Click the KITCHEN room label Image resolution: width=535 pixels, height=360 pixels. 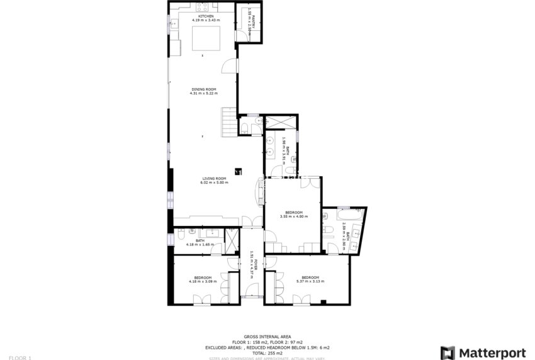click(x=202, y=16)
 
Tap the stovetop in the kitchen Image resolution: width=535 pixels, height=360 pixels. click(x=203, y=8)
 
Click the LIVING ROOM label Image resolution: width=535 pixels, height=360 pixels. click(x=214, y=178)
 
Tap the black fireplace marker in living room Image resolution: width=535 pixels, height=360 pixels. click(x=238, y=170)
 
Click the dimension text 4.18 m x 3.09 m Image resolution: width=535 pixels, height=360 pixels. click(x=203, y=281)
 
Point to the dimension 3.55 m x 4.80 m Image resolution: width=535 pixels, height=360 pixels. click(x=294, y=217)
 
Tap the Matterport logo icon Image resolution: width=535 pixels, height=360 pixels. click(x=448, y=352)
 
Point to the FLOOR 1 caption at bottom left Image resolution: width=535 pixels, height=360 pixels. click(x=20, y=357)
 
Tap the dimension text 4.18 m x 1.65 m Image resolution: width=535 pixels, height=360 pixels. click(x=200, y=244)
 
